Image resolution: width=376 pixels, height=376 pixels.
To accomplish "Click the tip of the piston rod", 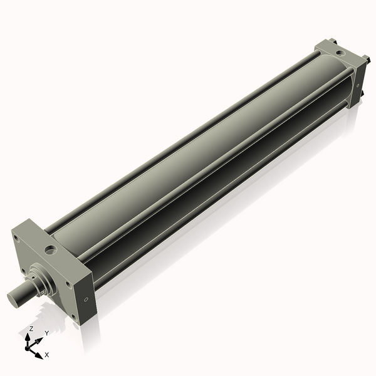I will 13,300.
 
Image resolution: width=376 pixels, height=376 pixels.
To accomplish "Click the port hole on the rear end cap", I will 332,48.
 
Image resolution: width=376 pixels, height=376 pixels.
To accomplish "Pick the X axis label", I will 47,355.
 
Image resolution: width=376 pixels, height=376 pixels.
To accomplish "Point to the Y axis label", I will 46,333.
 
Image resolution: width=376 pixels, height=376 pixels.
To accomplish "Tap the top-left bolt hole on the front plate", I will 18,239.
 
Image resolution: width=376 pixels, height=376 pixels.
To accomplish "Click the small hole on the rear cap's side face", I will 356,80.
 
